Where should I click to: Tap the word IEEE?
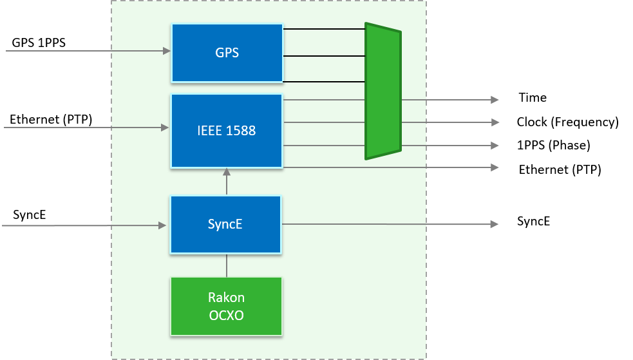pyautogui.click(x=210, y=131)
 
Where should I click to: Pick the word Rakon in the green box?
pyautogui.click(x=226, y=298)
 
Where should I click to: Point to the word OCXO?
pyautogui.click(x=226, y=316)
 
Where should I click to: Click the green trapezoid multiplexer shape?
pyautogui.click(x=383, y=91)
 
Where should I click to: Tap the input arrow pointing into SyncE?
pyautogui.click(x=84, y=225)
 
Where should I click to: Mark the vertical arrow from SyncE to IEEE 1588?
pyautogui.click(x=226, y=182)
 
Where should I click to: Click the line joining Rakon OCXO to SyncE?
pyautogui.click(x=226, y=265)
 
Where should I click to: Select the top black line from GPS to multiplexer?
pyautogui.click(x=324, y=29)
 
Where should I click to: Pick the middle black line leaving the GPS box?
pyautogui.click(x=324, y=56)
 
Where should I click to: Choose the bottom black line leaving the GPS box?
pyautogui.click(x=324, y=82)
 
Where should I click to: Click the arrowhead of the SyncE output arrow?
pyautogui.click(x=495, y=224)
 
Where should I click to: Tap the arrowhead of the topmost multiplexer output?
pyautogui.click(x=495, y=100)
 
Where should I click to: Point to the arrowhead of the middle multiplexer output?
pyautogui.click(x=495, y=122)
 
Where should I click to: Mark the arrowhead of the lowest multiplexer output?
pyautogui.click(x=495, y=146)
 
